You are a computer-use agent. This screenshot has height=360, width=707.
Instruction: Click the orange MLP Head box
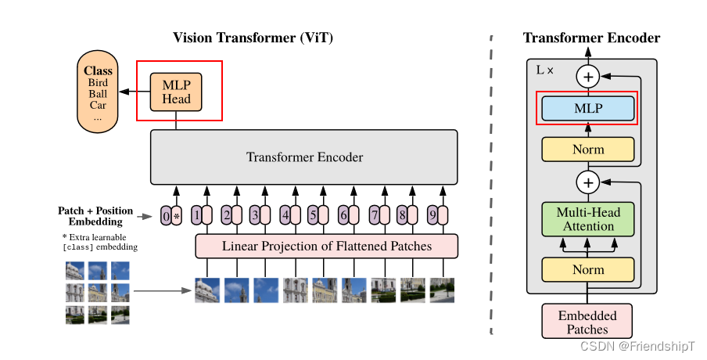click(x=176, y=91)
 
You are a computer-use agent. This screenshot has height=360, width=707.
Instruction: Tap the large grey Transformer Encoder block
click(x=304, y=157)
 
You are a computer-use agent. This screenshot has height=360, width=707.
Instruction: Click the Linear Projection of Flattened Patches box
click(x=326, y=247)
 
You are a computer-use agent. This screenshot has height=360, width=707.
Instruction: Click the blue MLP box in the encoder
click(x=588, y=108)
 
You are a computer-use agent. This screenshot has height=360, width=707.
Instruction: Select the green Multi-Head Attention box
click(x=588, y=219)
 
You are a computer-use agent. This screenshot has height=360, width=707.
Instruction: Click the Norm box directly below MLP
click(x=588, y=149)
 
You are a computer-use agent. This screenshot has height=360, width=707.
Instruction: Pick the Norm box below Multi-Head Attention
click(x=588, y=269)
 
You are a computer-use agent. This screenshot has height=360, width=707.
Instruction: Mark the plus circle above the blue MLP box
click(x=588, y=76)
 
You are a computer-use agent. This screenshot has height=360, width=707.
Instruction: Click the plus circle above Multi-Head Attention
click(x=588, y=183)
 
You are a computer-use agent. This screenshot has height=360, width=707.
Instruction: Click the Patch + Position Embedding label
click(x=95, y=216)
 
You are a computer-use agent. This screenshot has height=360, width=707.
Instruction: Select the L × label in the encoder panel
click(x=545, y=70)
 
